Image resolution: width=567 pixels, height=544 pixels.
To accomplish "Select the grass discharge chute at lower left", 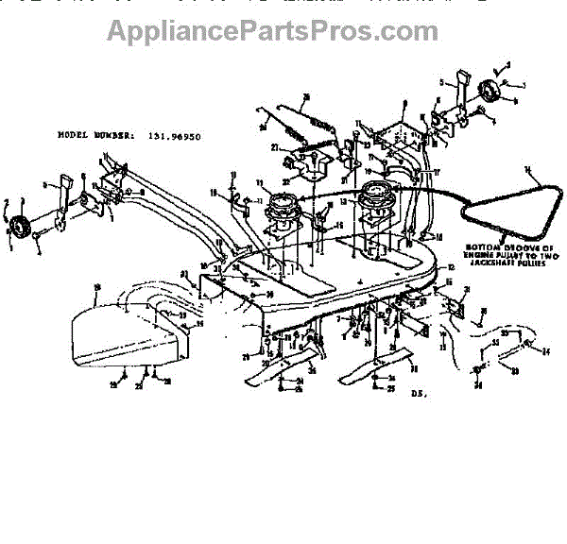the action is pyautogui.click(x=123, y=335).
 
